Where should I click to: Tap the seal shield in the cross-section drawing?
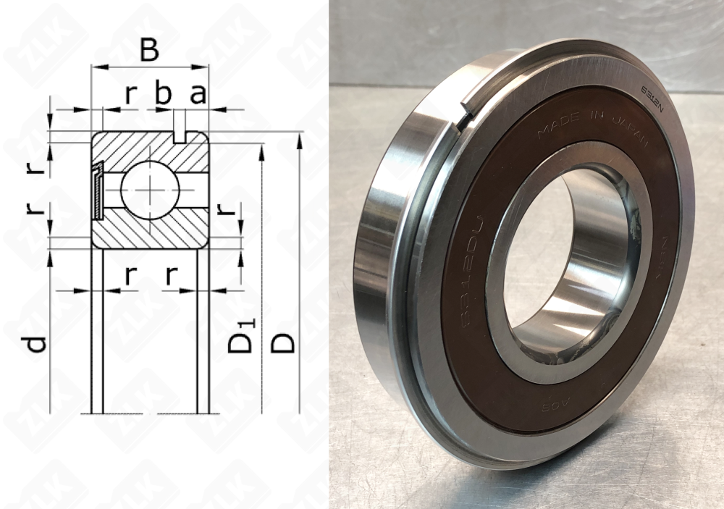[x=98, y=190]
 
